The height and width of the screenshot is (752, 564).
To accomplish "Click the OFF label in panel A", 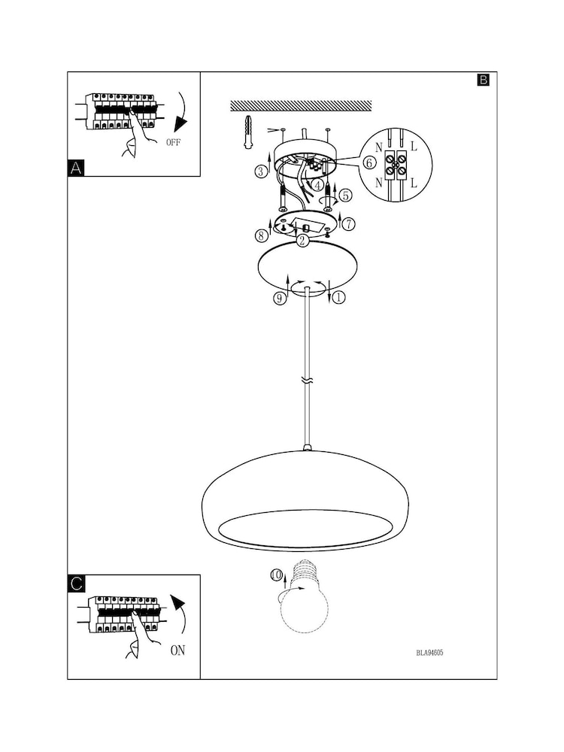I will pyautogui.click(x=172, y=141).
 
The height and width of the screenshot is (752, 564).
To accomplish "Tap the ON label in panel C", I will pyautogui.click(x=177, y=650).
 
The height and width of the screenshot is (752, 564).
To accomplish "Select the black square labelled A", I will pyautogui.click(x=76, y=168).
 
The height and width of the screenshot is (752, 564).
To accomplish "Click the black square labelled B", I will pyautogui.click(x=483, y=80).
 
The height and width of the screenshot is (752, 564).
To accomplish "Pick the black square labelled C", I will pyautogui.click(x=76, y=584).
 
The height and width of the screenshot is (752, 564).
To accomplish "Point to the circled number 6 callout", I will pyautogui.click(x=369, y=162).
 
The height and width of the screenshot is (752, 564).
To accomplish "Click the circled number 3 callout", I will pyautogui.click(x=260, y=171).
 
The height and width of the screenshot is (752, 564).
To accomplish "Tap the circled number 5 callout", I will pyautogui.click(x=345, y=195).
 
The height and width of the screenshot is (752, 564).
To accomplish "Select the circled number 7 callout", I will pyautogui.click(x=350, y=223).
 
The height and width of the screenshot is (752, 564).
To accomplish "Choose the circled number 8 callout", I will pyautogui.click(x=261, y=235).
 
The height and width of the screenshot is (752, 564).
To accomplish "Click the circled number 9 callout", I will pyautogui.click(x=279, y=299).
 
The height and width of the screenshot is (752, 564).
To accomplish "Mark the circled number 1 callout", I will pyautogui.click(x=338, y=298).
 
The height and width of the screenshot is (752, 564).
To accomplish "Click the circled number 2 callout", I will pyautogui.click(x=302, y=241).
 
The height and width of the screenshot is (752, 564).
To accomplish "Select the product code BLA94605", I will pyautogui.click(x=429, y=653).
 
